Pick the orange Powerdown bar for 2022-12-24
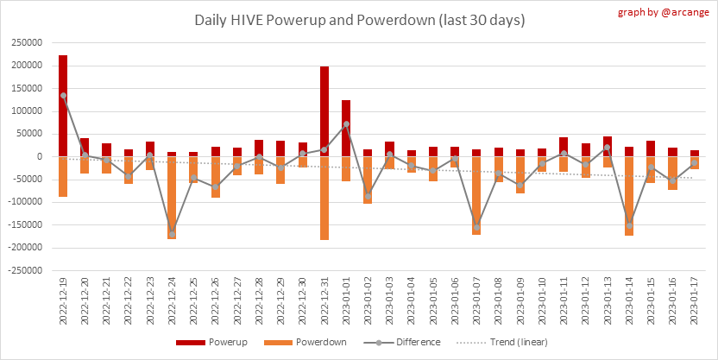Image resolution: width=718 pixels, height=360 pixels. click(x=172, y=198)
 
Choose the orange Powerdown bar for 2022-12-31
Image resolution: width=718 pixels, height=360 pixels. click(x=324, y=198)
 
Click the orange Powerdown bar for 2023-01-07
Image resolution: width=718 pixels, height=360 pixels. click(x=476, y=195)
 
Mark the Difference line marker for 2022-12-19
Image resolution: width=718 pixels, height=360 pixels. click(x=63, y=96)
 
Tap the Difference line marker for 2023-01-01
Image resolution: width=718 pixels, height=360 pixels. click(x=346, y=124)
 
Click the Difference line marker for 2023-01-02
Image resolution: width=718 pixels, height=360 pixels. click(x=368, y=196)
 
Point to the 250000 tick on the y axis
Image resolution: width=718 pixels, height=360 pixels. click(x=25, y=42)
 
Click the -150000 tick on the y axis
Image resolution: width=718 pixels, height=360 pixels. click(x=23, y=224)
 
